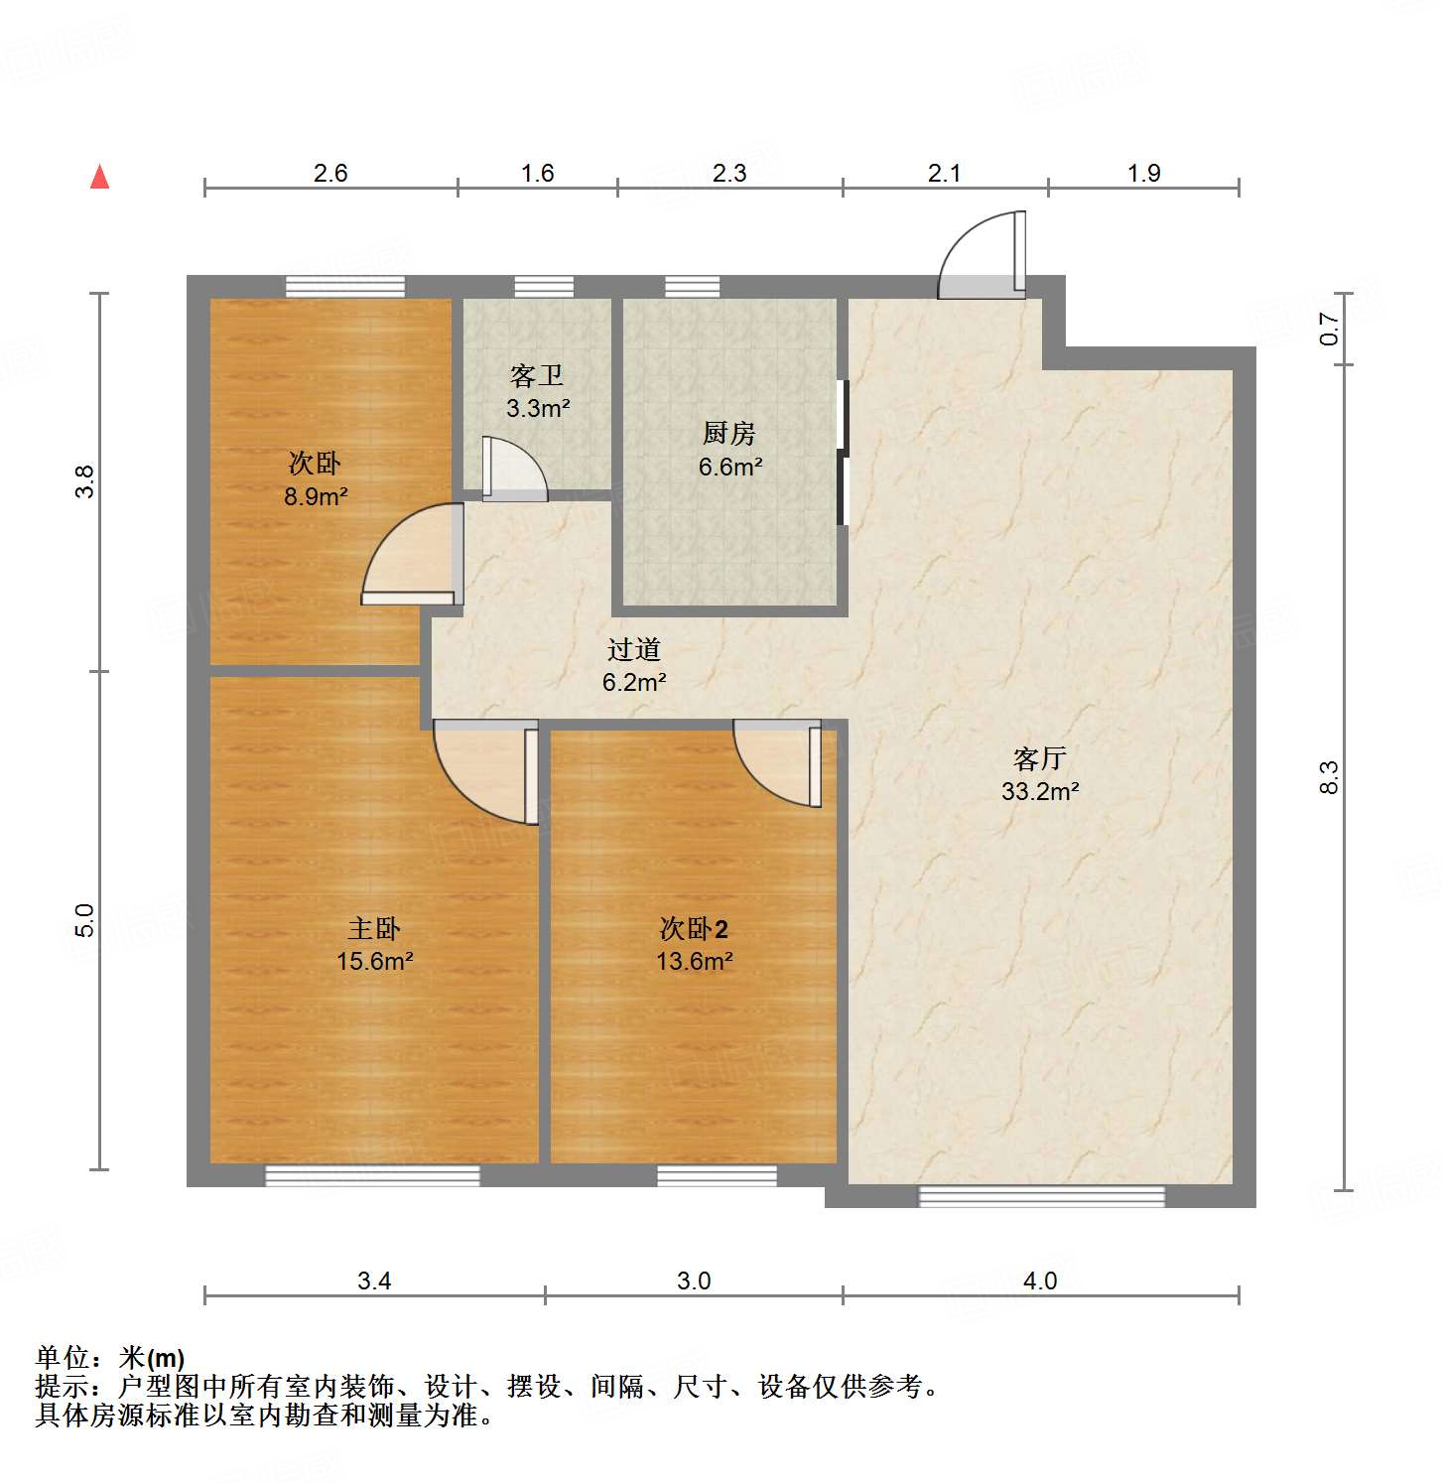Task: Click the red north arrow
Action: (99, 177)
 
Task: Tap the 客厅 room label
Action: (1039, 759)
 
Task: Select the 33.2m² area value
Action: (1039, 792)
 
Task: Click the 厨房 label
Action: (729, 433)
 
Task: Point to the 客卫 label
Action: (537, 375)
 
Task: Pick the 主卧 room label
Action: (374, 928)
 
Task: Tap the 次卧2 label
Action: (694, 929)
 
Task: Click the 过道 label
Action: (634, 649)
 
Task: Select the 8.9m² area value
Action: (316, 496)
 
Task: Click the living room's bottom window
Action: (1041, 1195)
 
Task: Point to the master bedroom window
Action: (372, 1175)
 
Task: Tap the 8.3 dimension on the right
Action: (1329, 776)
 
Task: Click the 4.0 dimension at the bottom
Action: (1039, 1281)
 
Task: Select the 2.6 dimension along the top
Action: (330, 173)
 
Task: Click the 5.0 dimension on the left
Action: (85, 920)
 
